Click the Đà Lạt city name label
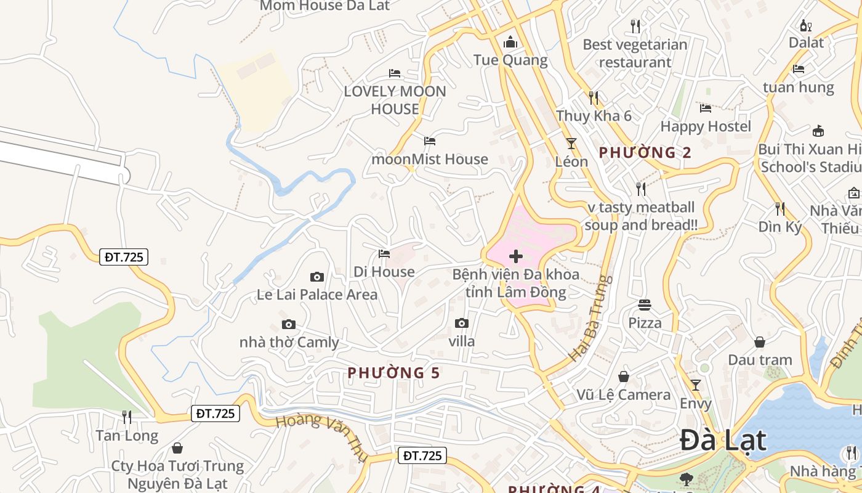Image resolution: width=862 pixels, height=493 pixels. [723, 441]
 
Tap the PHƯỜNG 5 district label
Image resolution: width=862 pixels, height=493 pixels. [394, 373]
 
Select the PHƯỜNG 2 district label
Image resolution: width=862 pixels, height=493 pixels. [645, 152]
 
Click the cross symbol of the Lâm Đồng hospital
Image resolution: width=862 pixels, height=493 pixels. [516, 256]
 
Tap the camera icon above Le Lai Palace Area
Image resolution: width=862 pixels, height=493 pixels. [317, 277]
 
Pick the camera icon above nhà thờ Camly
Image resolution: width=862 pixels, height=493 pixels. [288, 324]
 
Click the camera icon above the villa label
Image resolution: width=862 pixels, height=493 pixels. [461, 323]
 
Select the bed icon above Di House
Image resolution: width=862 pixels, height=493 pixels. [384, 253]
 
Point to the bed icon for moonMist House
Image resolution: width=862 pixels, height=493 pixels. [430, 141]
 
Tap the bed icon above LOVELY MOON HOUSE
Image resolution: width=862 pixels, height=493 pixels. [395, 73]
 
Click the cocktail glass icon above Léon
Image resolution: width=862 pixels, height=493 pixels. [571, 144]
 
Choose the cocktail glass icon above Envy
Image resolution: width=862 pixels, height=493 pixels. [696, 385]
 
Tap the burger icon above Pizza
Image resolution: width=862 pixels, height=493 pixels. [645, 304]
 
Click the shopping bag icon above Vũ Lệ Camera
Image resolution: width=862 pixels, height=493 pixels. [624, 377]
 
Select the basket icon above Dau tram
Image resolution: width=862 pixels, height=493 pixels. [760, 341]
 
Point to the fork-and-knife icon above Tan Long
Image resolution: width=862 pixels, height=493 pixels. [127, 417]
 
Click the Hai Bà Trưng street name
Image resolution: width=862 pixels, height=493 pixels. [590, 319]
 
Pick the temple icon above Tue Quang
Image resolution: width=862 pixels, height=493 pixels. [510, 42]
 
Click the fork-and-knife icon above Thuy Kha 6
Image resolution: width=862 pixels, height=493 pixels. [594, 97]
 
